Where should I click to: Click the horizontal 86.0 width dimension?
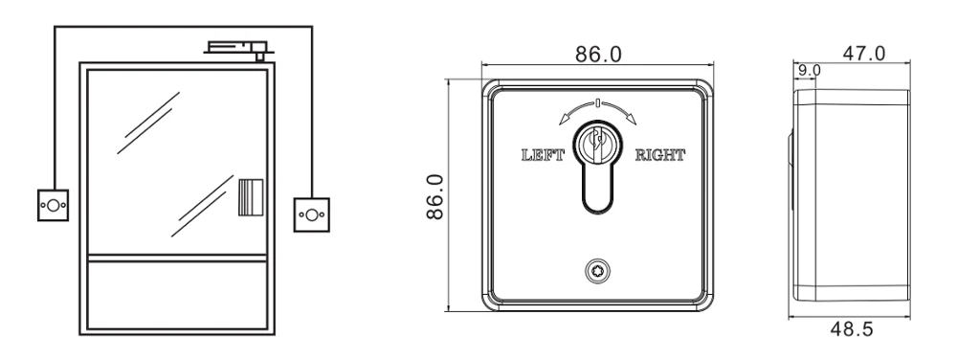point(598,55)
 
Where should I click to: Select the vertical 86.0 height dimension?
point(435,196)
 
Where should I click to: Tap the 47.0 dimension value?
point(863,54)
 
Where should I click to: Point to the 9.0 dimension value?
point(810,70)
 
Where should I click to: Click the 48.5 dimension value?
point(852,329)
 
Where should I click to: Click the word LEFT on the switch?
point(543,155)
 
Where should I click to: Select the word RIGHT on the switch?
point(659,155)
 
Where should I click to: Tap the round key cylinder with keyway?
point(597,141)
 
